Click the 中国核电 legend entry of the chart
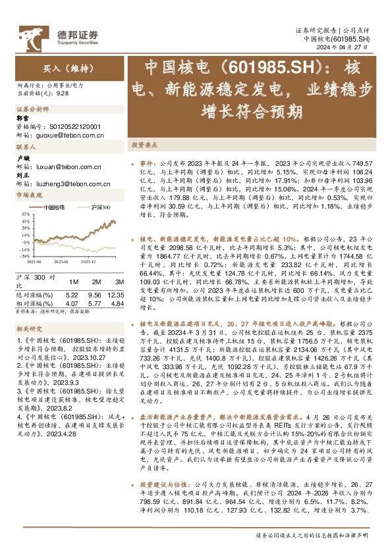[x=53, y=207]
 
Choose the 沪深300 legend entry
[x=99, y=207]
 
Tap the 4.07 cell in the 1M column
[x=72, y=305]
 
